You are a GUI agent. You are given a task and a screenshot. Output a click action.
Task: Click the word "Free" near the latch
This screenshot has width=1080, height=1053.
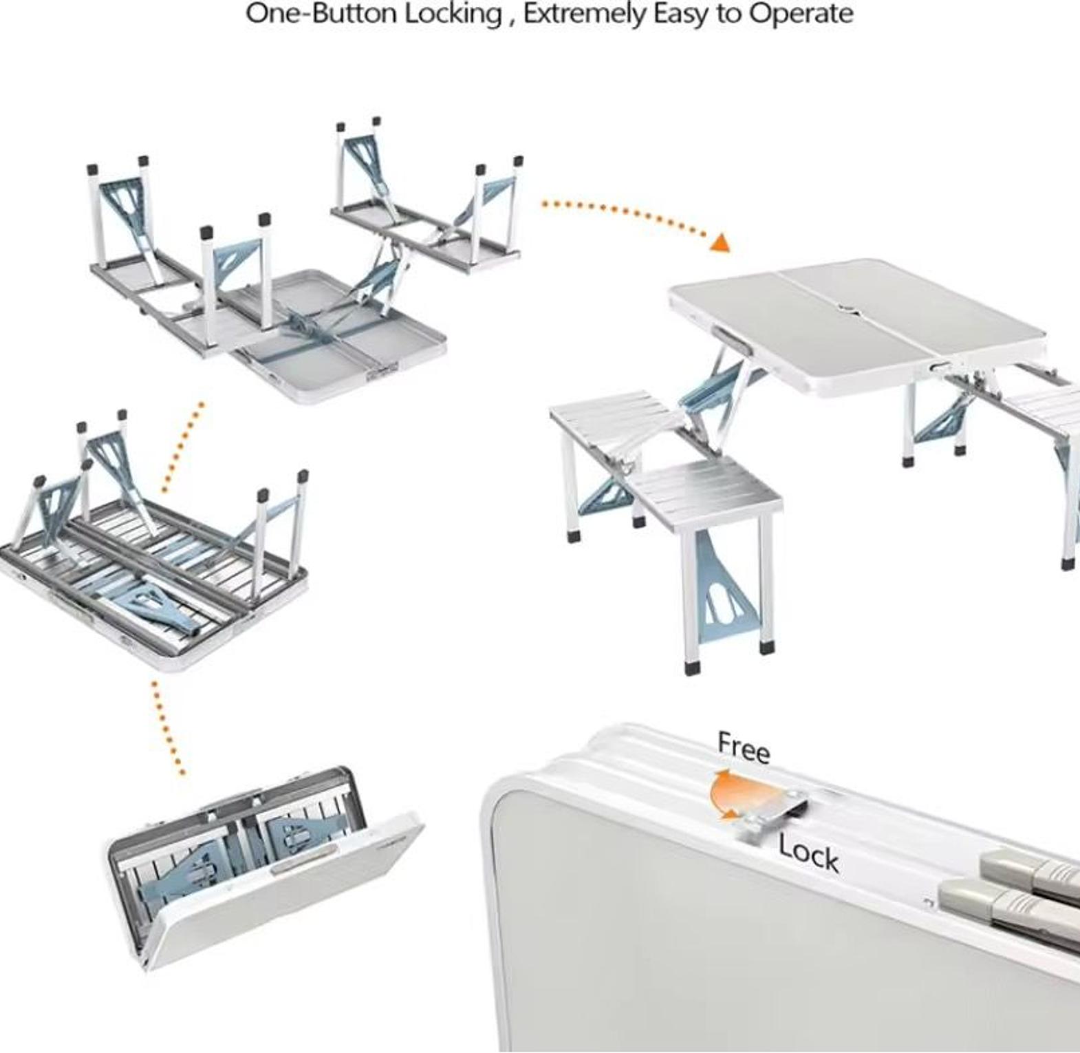tap(744, 747)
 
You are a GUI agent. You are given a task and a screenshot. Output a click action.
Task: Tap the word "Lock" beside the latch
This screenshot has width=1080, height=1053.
tap(809, 854)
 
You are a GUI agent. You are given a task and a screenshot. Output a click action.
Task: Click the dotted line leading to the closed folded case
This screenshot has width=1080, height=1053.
tap(167, 727)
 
